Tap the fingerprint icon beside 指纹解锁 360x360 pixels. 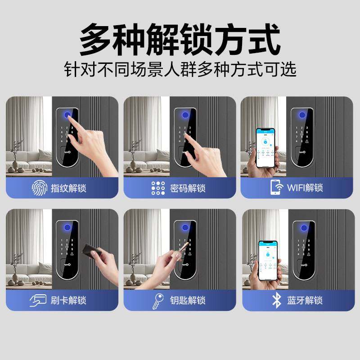click(x=39, y=187)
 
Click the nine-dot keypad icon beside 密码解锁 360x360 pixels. click(x=158, y=187)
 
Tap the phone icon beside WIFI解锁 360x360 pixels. click(x=276, y=187)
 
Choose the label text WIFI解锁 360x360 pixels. click(x=305, y=188)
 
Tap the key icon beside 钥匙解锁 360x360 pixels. click(x=158, y=300)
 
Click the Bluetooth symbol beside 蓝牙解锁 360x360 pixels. click(x=276, y=300)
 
